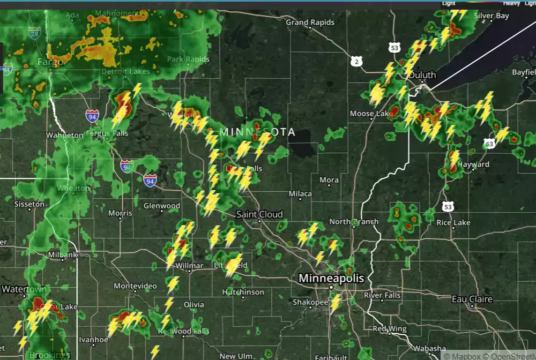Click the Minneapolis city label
coord(331,279)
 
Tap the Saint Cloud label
coord(259,214)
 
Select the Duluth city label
coord(422,76)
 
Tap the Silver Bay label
coord(491,16)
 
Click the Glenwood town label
coord(162,206)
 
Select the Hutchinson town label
coord(243,292)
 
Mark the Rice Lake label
coord(453,222)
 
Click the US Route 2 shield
coord(357,62)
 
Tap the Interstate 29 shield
coord(35,34)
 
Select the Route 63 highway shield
coord(489,144)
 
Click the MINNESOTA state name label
coord(258,132)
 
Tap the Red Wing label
coord(390,328)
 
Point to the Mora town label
coord(329,180)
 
